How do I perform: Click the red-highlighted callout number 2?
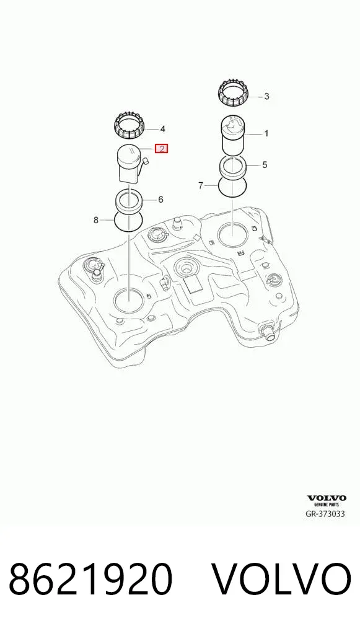[x=161, y=149]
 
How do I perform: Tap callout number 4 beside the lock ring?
[x=162, y=129]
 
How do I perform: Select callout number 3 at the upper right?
[x=266, y=97]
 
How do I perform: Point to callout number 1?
[x=266, y=134]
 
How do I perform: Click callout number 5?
[x=264, y=165]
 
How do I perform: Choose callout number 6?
[x=160, y=199]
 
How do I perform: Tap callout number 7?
[x=201, y=185]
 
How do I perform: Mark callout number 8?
[x=96, y=220]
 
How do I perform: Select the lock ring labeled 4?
[x=128, y=125]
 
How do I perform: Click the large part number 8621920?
[x=90, y=579]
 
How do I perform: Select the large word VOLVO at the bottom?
[x=281, y=579]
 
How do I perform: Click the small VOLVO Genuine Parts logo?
[x=327, y=500]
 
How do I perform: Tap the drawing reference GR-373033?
[x=326, y=513]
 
